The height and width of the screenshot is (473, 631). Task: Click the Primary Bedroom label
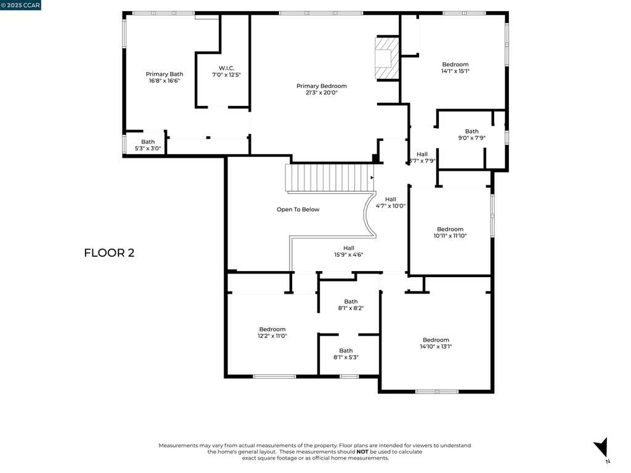click(322, 89)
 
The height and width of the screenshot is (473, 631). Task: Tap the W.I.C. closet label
click(226, 71)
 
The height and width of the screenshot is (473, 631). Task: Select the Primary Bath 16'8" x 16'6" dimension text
click(164, 81)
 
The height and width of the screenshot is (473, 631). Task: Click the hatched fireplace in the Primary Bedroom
click(387, 59)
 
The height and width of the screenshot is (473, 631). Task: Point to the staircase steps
click(330, 177)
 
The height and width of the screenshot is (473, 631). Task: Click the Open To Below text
click(298, 209)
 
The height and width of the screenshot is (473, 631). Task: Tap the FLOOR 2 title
click(109, 253)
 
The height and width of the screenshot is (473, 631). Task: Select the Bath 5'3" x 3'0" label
click(148, 145)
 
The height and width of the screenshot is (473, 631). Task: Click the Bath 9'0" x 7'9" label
click(471, 134)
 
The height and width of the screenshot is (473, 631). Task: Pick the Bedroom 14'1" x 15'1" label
click(455, 68)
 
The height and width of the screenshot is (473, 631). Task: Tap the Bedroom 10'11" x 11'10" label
click(450, 232)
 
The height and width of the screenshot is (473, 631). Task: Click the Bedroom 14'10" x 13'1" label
click(436, 343)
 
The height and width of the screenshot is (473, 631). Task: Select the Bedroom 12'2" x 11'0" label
click(272, 333)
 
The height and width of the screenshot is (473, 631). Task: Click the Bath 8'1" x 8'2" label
click(351, 305)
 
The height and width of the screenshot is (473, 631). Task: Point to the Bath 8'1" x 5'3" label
click(346, 354)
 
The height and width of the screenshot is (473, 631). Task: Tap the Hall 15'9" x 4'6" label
click(349, 251)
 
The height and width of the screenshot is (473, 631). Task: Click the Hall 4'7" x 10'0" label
click(390, 202)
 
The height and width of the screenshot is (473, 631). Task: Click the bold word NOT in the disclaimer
click(362, 451)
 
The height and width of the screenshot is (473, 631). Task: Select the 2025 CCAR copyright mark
click(20, 5)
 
